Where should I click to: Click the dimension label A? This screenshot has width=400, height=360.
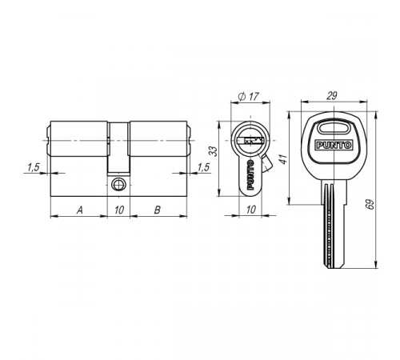(x=80, y=210)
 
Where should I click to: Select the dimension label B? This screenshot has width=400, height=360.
(x=158, y=210)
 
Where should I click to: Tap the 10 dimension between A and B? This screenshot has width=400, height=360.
(x=119, y=210)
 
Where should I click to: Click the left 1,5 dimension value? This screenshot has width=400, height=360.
(x=34, y=167)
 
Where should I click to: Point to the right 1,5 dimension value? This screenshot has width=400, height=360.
(x=203, y=167)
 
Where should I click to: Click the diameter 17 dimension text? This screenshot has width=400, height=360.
(x=249, y=96)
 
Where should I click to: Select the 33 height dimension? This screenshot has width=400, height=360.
(x=214, y=151)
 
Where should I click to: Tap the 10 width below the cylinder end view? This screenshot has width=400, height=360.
(x=250, y=210)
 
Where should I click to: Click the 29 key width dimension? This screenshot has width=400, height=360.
(x=332, y=95)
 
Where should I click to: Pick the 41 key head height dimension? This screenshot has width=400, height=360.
(x=284, y=159)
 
